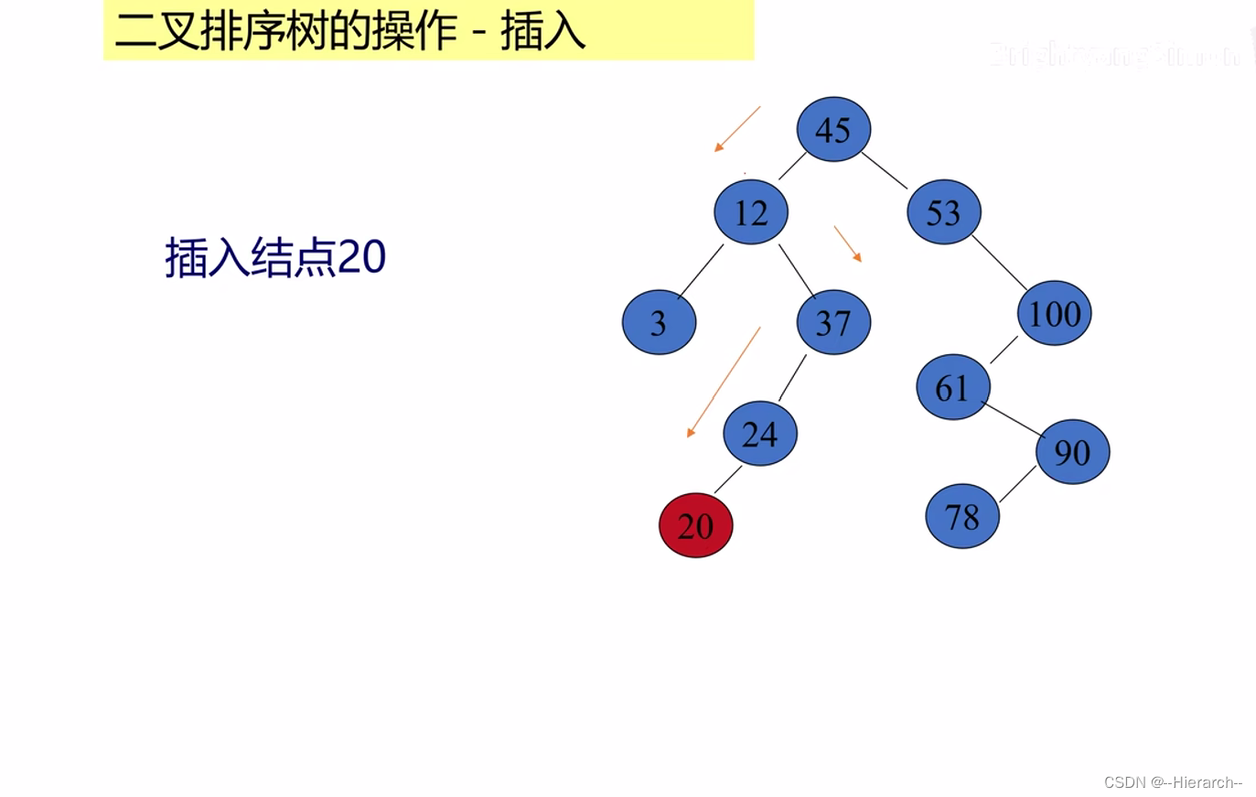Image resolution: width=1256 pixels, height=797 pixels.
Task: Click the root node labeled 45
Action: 833,129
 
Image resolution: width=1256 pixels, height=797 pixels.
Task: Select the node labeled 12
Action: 751,212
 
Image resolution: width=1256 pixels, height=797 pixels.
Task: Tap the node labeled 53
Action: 944,212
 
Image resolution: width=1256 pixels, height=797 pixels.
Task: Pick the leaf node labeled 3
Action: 659,322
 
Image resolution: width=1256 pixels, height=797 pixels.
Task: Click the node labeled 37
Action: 833,322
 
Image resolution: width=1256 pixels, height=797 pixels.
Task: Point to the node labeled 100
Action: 1054,313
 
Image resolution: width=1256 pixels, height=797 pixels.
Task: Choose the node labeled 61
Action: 953,387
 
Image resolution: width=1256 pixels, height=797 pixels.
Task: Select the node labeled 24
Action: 760,433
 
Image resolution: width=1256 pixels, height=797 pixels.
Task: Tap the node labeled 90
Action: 1072,451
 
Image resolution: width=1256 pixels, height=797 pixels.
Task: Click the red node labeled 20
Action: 695,525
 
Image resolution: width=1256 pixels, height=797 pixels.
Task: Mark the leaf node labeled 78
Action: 962,516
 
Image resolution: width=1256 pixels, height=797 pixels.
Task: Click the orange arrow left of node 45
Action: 737,129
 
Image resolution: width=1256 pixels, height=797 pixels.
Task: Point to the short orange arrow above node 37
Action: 847,243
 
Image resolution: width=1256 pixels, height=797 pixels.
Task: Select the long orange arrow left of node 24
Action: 724,382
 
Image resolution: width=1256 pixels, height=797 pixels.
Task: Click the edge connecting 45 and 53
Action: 885,170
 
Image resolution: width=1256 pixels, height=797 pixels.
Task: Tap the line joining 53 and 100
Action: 999,263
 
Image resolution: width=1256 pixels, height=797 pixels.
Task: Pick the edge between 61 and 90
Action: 1013,418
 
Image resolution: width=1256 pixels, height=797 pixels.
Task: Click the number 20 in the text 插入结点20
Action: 362,257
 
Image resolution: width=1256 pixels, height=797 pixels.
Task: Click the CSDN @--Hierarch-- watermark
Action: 1172,782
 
